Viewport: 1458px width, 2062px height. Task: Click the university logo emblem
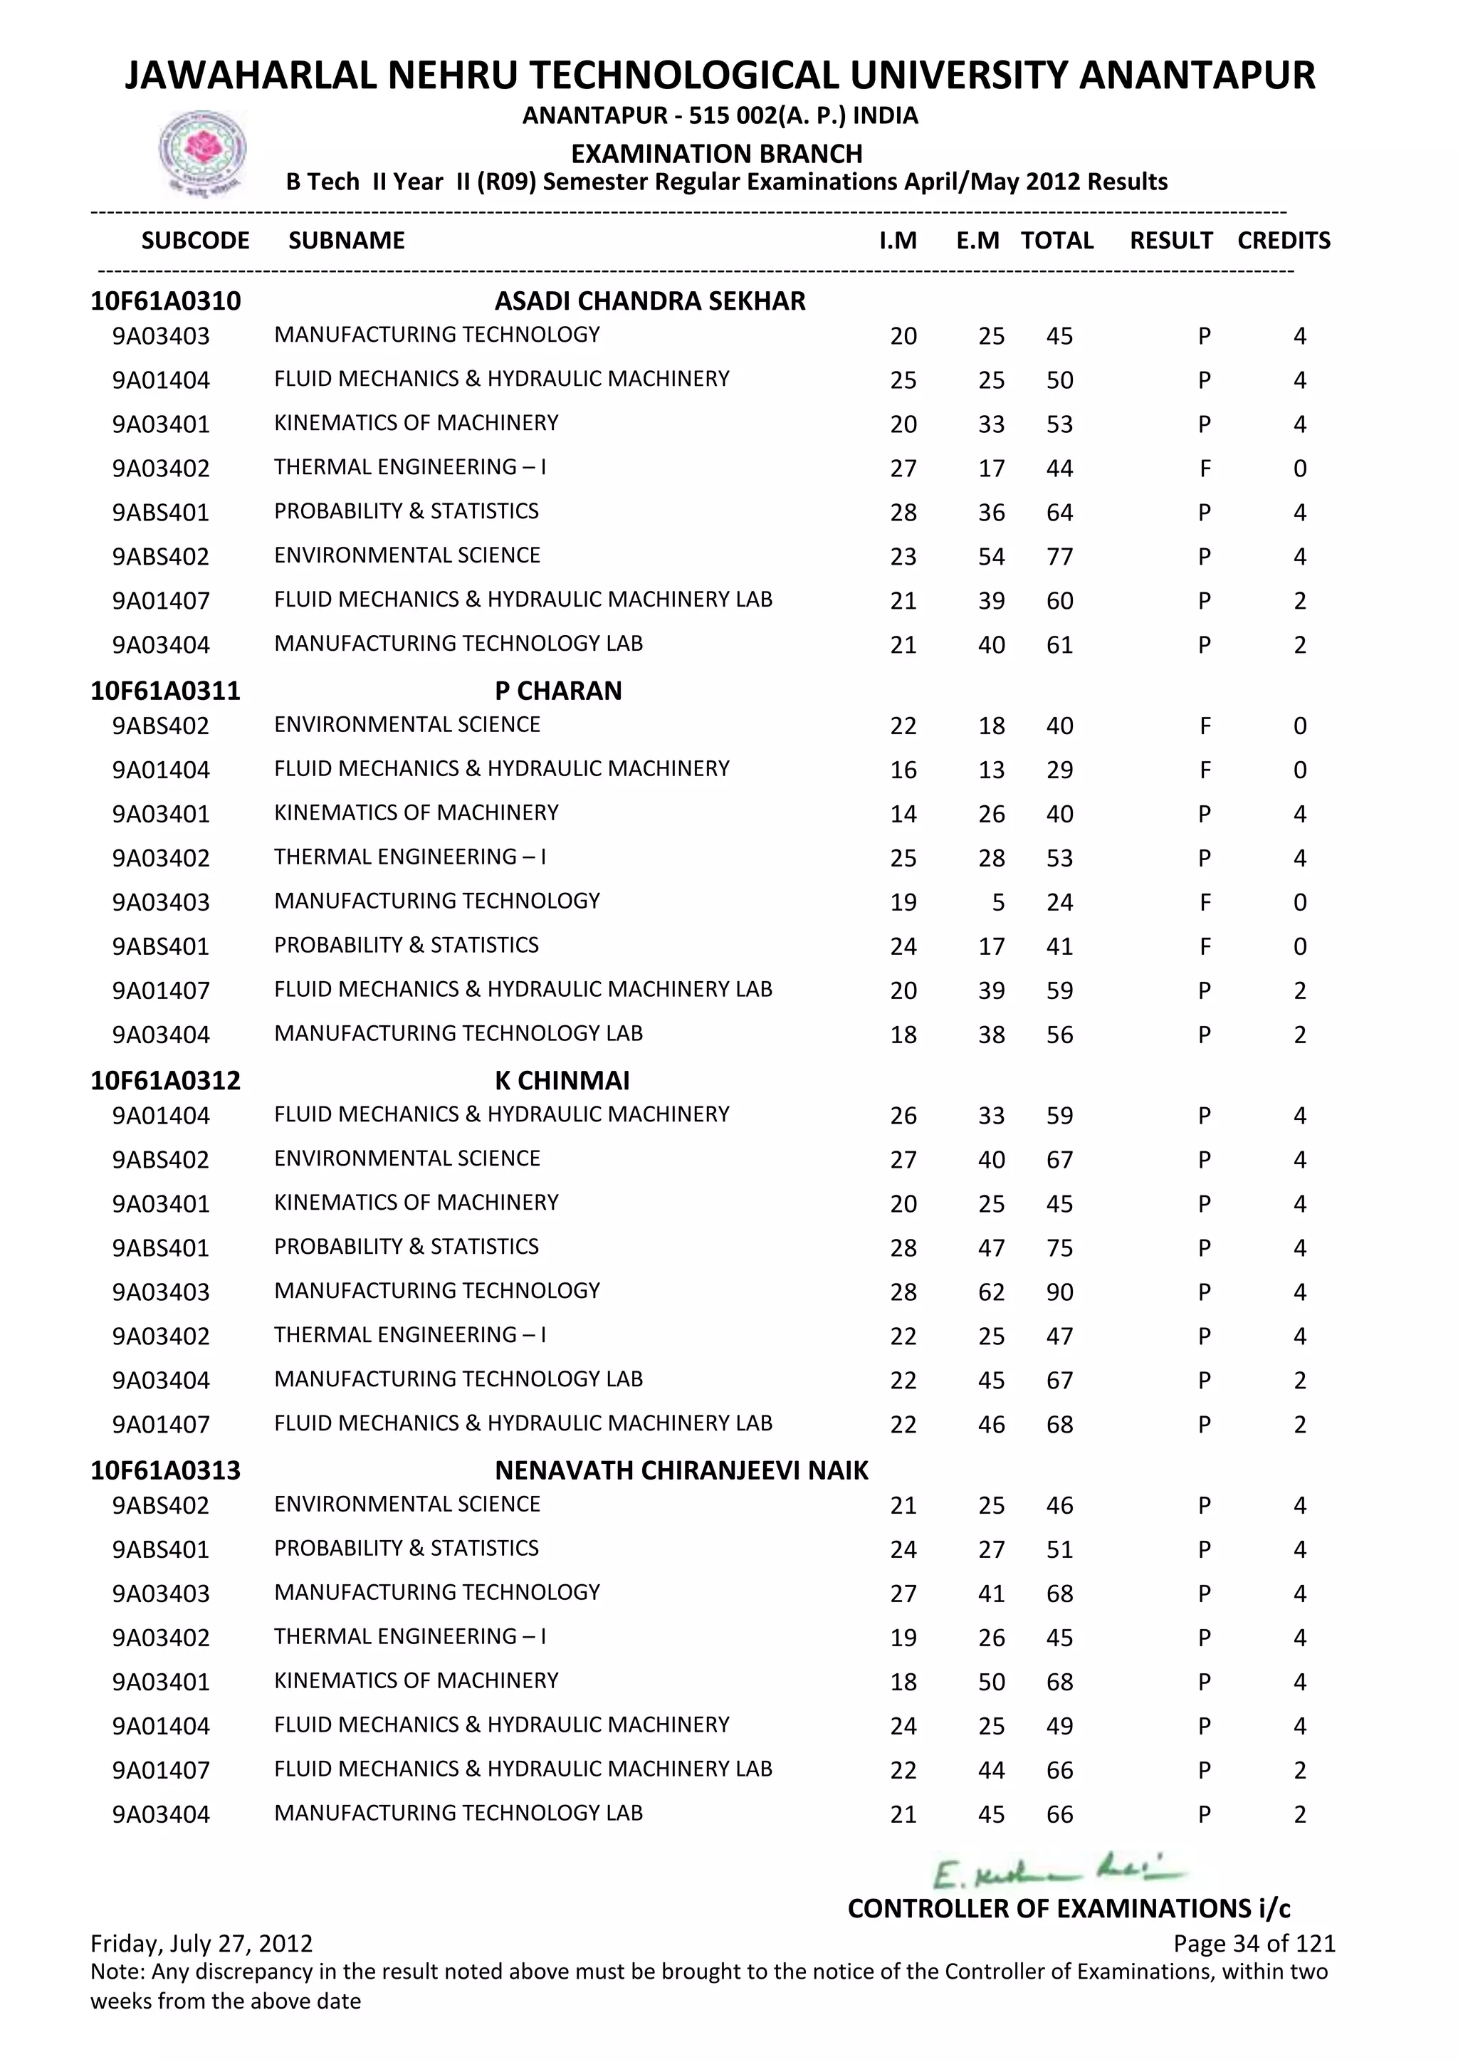[x=202, y=152]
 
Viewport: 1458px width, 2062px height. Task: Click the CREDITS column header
[x=1283, y=241]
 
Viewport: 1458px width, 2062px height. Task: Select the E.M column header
[x=977, y=241]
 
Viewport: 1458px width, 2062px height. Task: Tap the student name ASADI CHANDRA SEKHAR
[x=649, y=301]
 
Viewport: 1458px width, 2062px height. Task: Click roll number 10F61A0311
[x=165, y=691]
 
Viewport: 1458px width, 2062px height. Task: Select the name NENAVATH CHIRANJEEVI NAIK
[x=681, y=1470]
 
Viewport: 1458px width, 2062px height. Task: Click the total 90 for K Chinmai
[x=1059, y=1292]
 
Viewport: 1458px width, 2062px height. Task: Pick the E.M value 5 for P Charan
[x=997, y=903]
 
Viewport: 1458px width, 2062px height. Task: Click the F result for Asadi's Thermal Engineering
[x=1205, y=469]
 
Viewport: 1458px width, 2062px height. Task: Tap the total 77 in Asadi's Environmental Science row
[x=1059, y=557]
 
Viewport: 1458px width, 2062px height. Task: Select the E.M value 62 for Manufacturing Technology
[x=991, y=1292]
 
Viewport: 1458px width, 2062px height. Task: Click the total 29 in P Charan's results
[x=1059, y=770]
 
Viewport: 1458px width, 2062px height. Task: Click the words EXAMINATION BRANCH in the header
[x=716, y=154]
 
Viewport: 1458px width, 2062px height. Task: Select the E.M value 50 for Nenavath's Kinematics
[x=991, y=1682]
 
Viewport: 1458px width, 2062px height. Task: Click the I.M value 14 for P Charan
[x=903, y=815]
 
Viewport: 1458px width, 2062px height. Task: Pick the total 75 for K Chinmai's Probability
[x=1059, y=1248]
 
